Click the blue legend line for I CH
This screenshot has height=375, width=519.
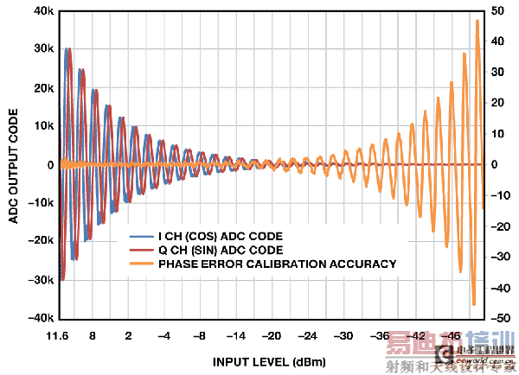[x=141, y=235]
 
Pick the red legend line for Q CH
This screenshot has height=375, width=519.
[x=141, y=249]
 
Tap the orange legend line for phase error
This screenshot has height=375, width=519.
[x=141, y=264]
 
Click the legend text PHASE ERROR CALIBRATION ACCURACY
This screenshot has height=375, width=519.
[x=277, y=264]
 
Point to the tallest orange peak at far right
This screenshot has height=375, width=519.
[x=477, y=22]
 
